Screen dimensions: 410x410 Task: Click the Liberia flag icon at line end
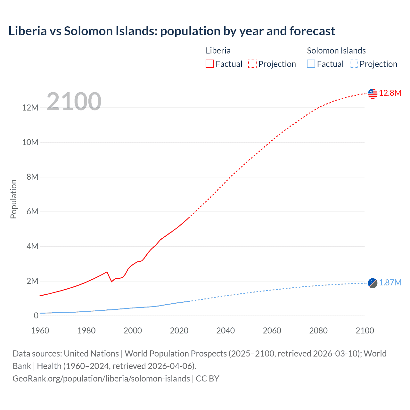pyautogui.click(x=373, y=94)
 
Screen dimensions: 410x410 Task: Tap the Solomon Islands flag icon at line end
pyautogui.click(x=373, y=283)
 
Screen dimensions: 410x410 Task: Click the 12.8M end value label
pyautogui.click(x=390, y=93)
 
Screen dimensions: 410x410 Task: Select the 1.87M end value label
pyautogui.click(x=390, y=283)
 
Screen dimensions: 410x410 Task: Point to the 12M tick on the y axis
pyautogui.click(x=30, y=108)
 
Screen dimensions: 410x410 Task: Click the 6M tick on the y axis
pyautogui.click(x=32, y=212)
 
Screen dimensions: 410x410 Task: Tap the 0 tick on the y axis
pyautogui.click(x=36, y=316)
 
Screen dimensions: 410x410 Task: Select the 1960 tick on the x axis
pyautogui.click(x=40, y=331)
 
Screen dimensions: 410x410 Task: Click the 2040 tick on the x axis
pyautogui.click(x=225, y=331)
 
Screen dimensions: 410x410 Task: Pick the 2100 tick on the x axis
pyautogui.click(x=365, y=331)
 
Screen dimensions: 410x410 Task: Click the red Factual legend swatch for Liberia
pyautogui.click(x=210, y=64)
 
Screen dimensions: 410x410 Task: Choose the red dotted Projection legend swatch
pyautogui.click(x=252, y=64)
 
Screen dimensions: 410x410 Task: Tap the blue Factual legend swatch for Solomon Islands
pyautogui.click(x=311, y=64)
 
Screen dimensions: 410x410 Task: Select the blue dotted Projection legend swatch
pyautogui.click(x=354, y=64)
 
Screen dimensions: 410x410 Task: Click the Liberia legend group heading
pyautogui.click(x=218, y=51)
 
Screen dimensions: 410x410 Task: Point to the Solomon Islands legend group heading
pyautogui.click(x=336, y=51)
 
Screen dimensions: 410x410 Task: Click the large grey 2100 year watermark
pyautogui.click(x=74, y=102)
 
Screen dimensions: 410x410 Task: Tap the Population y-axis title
pyautogui.click(x=13, y=199)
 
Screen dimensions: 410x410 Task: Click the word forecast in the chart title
pyautogui.click(x=312, y=31)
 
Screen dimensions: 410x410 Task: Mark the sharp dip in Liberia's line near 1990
pyautogui.click(x=111, y=281)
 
